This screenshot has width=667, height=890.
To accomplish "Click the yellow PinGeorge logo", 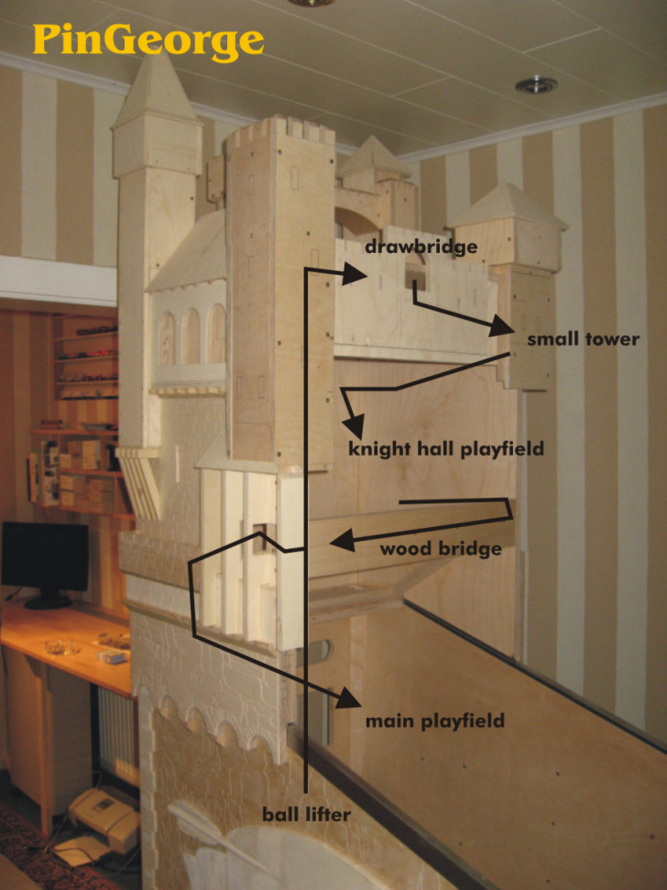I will [148, 40].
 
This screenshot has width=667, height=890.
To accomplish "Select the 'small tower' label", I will [583, 339].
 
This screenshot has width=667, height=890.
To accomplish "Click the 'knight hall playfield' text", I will [446, 448].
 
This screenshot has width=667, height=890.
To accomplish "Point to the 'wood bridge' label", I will [441, 549].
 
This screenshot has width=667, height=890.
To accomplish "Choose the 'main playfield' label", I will [434, 721].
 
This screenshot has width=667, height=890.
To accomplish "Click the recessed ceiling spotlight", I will [536, 85].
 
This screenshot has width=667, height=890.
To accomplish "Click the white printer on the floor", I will [103, 819].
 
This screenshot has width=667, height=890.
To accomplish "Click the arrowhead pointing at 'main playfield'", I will [348, 699].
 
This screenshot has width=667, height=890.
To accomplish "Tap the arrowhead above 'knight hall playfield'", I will [354, 424].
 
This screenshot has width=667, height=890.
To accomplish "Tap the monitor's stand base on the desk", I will [48, 601].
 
